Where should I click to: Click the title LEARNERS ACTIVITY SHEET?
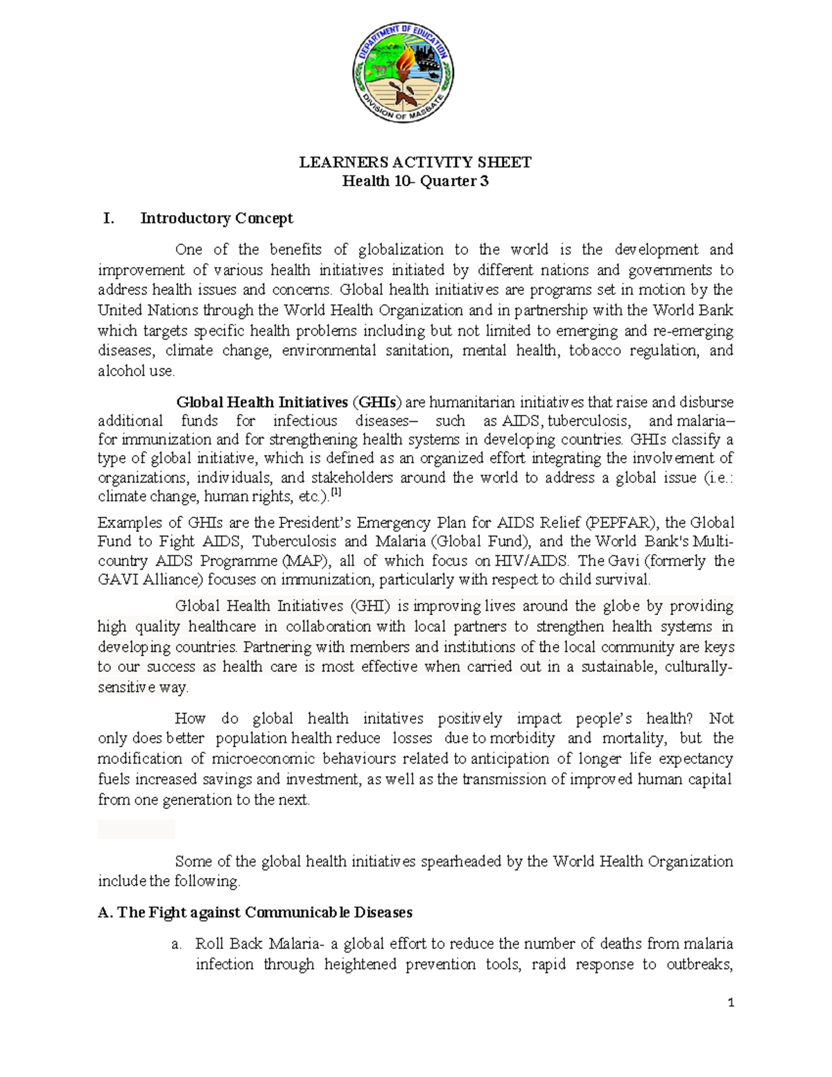[x=415, y=162]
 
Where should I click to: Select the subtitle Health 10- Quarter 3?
[x=415, y=182]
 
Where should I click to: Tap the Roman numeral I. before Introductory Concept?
[x=108, y=218]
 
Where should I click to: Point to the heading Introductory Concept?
[x=216, y=218]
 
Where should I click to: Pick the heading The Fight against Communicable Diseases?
[x=256, y=913]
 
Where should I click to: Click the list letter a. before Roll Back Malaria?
[x=177, y=945]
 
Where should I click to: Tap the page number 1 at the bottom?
[x=730, y=1003]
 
